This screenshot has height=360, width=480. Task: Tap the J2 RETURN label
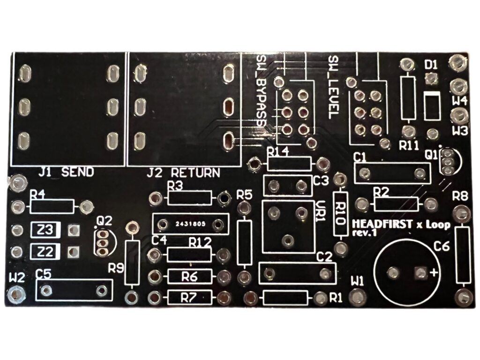183,172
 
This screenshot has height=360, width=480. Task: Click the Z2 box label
45,251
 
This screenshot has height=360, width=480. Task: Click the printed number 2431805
190,224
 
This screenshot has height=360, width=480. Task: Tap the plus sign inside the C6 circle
434,273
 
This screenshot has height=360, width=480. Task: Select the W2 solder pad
17,294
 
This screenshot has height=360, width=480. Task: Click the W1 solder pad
358,295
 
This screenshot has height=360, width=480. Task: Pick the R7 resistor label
189,297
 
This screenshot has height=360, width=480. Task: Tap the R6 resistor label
189,276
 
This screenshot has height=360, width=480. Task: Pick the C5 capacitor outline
74,291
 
